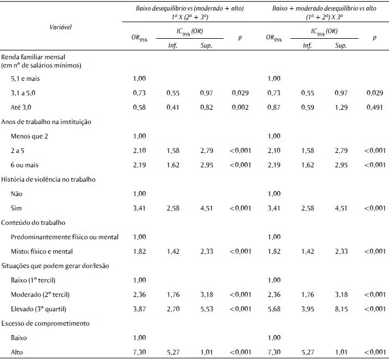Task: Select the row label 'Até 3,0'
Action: pos(22,107)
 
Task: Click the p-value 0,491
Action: pos(374,107)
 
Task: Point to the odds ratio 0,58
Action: pos(139,107)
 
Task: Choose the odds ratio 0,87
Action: pos(274,107)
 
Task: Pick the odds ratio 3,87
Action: pos(139,308)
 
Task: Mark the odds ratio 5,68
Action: pos(274,308)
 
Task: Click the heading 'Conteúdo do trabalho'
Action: pos(34,222)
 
